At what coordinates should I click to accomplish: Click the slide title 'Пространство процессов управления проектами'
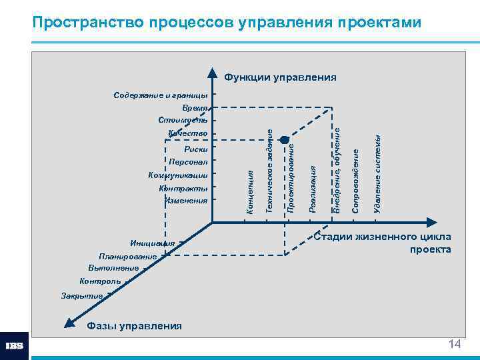coord(227,23)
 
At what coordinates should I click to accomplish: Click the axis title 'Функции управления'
coord(280,77)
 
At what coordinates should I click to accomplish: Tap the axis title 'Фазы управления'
coord(134,326)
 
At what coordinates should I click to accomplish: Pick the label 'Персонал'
coord(188,162)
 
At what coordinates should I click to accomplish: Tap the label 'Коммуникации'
coord(178,175)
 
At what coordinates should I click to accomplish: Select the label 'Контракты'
coord(183,188)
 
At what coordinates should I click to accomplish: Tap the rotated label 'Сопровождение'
coord(356,181)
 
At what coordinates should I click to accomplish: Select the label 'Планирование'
coord(127,257)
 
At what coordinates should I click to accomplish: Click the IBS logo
coord(15,346)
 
